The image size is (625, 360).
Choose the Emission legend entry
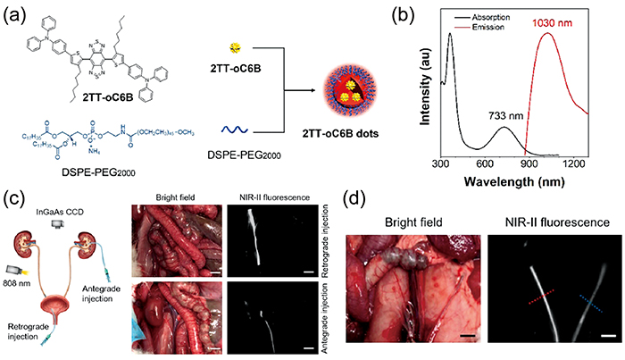[x=483, y=28]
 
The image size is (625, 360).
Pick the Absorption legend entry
[x=487, y=17]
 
